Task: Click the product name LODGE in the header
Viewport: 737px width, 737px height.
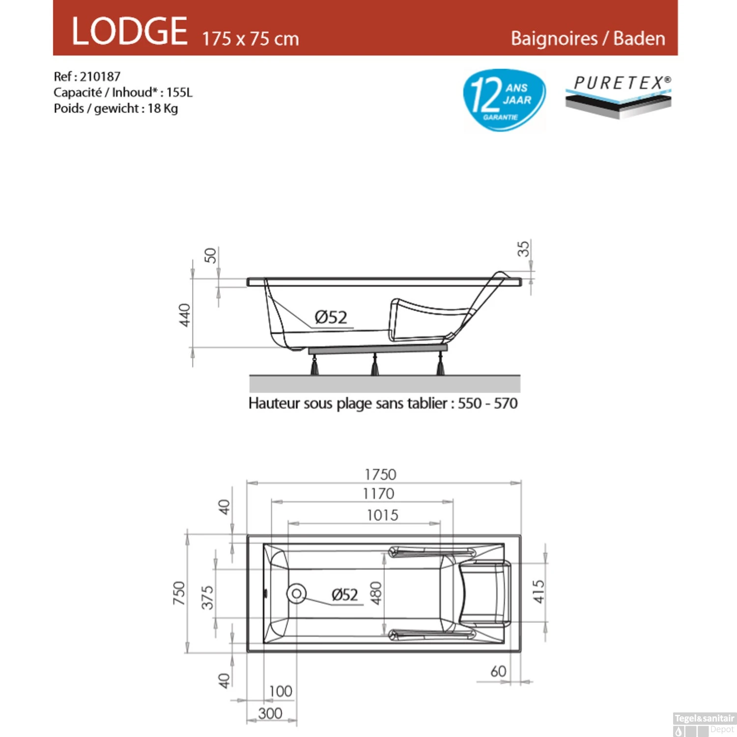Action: point(130,31)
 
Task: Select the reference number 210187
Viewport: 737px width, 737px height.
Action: point(100,77)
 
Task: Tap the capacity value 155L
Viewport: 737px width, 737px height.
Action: point(179,92)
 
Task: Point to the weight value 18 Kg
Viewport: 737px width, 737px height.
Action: point(163,109)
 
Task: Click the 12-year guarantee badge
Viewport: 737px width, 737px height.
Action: point(504,100)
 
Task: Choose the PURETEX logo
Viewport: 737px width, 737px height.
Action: point(618,96)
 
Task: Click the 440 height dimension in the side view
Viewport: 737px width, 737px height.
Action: point(185,315)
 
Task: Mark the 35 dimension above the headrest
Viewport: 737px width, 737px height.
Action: point(524,249)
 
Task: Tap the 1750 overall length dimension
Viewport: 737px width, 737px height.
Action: point(380,475)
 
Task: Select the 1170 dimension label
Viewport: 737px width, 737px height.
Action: point(378,493)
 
